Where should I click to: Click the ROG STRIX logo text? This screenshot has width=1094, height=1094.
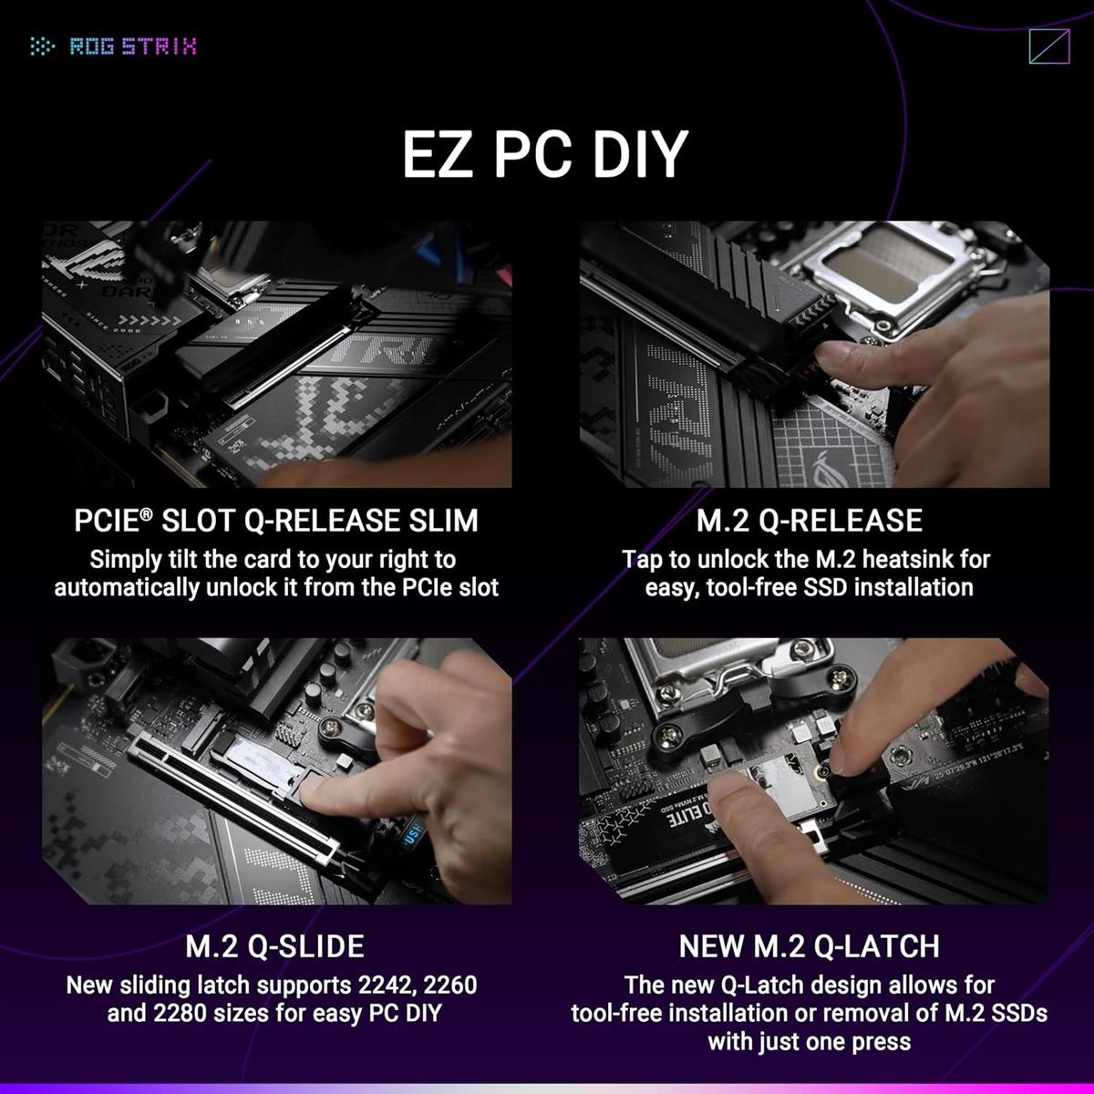(133, 46)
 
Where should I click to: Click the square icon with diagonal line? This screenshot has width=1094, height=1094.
(1048, 46)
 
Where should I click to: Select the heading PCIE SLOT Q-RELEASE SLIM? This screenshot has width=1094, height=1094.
(276, 521)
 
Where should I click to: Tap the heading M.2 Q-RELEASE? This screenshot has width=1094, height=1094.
(809, 521)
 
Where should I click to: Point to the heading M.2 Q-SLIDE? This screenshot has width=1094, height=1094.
(274, 945)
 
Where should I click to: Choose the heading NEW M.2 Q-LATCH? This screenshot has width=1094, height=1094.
(809, 946)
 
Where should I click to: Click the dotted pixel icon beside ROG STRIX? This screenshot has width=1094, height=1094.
(43, 46)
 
